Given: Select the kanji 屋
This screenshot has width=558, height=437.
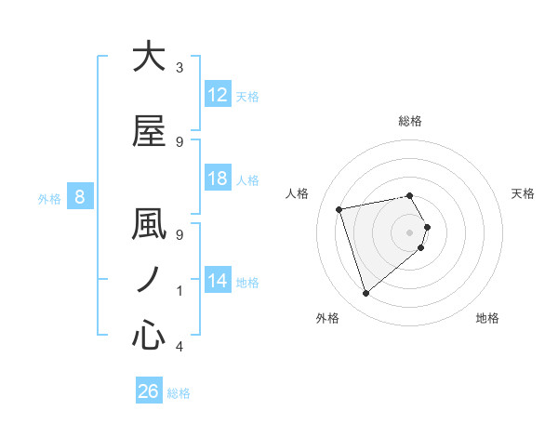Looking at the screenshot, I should (x=149, y=131).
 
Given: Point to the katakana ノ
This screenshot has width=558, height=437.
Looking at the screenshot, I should (x=149, y=280).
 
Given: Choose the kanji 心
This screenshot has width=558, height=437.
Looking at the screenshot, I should (x=149, y=335).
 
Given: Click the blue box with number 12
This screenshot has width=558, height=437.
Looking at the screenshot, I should (x=217, y=95).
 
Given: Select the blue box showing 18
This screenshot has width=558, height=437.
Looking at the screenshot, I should (x=217, y=179).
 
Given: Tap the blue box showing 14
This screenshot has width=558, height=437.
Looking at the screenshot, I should (x=217, y=282).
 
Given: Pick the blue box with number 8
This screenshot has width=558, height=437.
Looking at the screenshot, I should (x=80, y=197).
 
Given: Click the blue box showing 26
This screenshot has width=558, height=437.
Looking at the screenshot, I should (x=149, y=392).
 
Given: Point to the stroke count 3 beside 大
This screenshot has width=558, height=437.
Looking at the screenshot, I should (x=179, y=68).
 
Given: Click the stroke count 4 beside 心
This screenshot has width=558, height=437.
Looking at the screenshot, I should (x=179, y=347).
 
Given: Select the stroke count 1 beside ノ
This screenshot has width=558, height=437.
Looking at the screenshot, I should (x=179, y=291).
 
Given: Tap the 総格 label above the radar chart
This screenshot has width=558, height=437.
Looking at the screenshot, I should (x=410, y=121).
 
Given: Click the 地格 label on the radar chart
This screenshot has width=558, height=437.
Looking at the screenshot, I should (x=487, y=319).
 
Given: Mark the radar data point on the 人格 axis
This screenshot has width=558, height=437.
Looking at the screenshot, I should (x=339, y=208).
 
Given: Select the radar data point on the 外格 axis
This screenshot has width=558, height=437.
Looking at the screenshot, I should (x=365, y=294).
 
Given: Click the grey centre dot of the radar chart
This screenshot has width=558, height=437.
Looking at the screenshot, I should (x=410, y=232).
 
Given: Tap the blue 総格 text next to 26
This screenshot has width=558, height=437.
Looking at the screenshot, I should (x=179, y=393).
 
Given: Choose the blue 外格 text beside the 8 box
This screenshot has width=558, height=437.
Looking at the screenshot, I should (x=49, y=198).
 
